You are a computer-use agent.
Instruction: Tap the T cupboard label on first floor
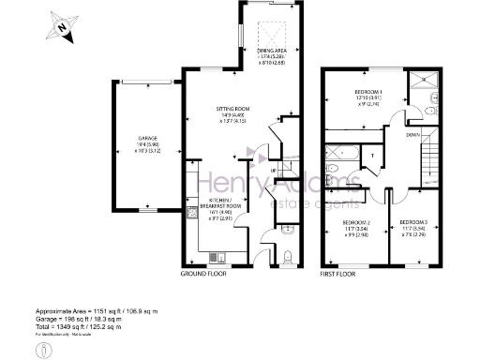(373, 156)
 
